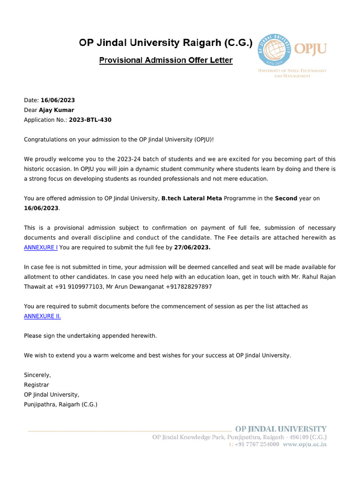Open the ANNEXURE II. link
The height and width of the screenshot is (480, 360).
tap(43, 316)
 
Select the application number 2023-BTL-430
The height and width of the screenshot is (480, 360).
tap(90, 120)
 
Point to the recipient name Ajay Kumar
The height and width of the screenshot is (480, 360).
tap(57, 110)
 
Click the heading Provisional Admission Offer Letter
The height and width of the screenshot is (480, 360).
tap(166, 60)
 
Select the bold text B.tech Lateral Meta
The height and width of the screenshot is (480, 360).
tap(192, 198)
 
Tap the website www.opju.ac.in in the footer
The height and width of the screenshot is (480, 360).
tap(305, 444)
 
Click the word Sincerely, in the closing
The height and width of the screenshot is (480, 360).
tap(37, 375)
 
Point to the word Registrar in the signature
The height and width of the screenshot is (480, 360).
tap(37, 385)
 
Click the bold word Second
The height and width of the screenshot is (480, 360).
tap(286, 198)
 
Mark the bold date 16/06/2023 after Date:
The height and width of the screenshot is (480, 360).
tap(58, 100)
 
